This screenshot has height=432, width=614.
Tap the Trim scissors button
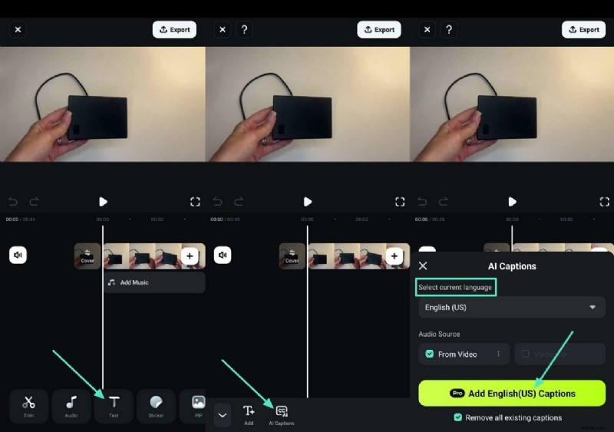[x=28, y=406]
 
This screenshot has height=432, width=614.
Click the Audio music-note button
[x=71, y=406]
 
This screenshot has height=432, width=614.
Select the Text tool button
[x=114, y=406]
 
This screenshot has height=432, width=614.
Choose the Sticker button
[x=156, y=406]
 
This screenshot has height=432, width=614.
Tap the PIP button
[x=196, y=406]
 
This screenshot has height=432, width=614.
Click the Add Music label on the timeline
[x=134, y=282]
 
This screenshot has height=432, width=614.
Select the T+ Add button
[x=249, y=414]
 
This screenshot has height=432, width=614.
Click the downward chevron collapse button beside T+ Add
[x=223, y=415]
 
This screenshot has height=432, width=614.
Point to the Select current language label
[x=456, y=287]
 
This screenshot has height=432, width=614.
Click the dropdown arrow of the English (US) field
[x=593, y=308]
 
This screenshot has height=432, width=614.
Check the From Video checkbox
[x=430, y=354]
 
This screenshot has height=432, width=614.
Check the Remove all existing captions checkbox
[x=457, y=417]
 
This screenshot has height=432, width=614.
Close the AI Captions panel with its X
[x=423, y=266]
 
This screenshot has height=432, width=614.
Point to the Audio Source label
[x=439, y=334]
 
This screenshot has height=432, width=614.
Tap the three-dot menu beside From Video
[x=498, y=354]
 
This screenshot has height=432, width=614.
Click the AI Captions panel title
[x=512, y=266]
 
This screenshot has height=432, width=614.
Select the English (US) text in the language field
[x=446, y=308]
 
